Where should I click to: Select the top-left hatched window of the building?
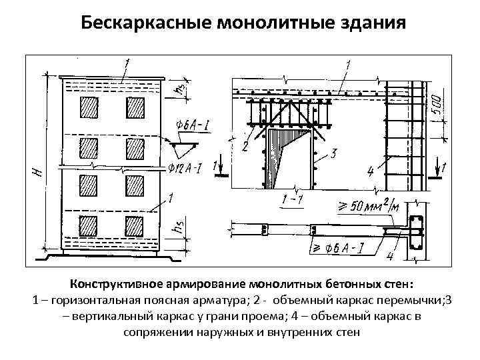pyautogui.click(x=87, y=107)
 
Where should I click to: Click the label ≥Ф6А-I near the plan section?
pyautogui.click(x=344, y=251)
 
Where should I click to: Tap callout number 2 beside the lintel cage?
pyautogui.click(x=245, y=146)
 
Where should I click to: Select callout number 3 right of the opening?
pyautogui.click(x=333, y=155)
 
